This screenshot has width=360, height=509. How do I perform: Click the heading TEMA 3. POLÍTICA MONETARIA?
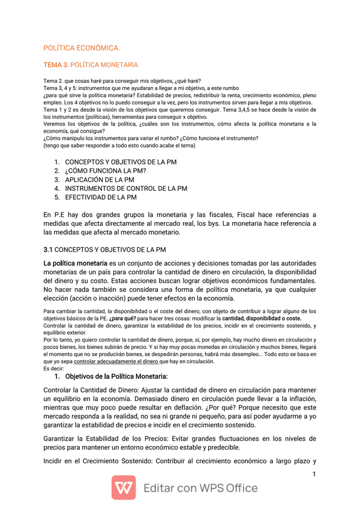pos(91,65)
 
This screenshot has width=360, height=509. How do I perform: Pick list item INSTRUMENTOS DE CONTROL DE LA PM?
pos(126,188)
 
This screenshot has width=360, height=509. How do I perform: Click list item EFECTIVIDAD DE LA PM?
pos(101,197)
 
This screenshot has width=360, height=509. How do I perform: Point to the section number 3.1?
pos(49,249)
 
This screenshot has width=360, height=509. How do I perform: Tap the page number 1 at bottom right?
pos(314,475)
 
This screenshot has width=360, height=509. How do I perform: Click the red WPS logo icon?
pos(123,487)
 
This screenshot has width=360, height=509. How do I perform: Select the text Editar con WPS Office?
pos(200,488)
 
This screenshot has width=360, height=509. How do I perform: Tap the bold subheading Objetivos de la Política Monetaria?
pos(116,376)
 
